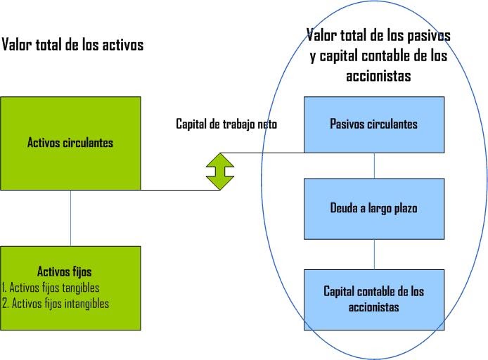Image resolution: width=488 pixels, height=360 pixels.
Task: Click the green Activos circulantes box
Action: click(x=70, y=143)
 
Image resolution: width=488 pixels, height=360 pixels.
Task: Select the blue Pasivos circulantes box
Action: click(x=373, y=124)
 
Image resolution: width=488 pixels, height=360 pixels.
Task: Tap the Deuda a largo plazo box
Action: click(x=373, y=208)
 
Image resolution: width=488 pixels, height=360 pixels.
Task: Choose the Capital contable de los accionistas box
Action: click(x=373, y=299)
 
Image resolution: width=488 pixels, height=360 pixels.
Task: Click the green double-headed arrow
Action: click(x=219, y=171)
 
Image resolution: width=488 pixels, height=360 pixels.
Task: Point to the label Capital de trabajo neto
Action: click(x=226, y=124)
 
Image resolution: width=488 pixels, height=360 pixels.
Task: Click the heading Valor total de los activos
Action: click(x=72, y=45)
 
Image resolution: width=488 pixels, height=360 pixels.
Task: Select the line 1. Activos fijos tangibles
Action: click(x=51, y=288)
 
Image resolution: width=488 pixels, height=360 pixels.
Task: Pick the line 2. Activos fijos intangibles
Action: click(x=55, y=304)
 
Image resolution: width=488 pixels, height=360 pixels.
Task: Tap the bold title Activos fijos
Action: click(x=64, y=271)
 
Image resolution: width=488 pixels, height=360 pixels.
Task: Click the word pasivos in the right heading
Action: click(x=427, y=34)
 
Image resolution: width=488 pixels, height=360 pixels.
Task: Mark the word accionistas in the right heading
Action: click(x=378, y=76)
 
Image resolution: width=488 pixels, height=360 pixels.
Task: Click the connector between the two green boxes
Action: click(x=70, y=218)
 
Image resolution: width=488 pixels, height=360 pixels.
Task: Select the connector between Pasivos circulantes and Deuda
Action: click(x=374, y=165)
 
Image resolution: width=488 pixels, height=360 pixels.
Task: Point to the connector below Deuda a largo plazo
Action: click(x=374, y=254)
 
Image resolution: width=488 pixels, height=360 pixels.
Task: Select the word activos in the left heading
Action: click(x=121, y=45)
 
